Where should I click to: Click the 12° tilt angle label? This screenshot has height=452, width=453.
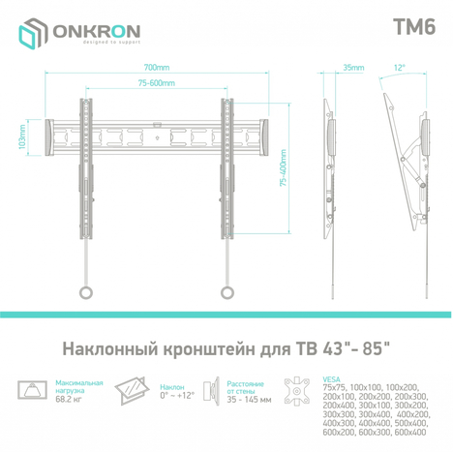[x=401, y=69]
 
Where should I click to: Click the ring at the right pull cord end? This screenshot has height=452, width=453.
[x=228, y=289]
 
